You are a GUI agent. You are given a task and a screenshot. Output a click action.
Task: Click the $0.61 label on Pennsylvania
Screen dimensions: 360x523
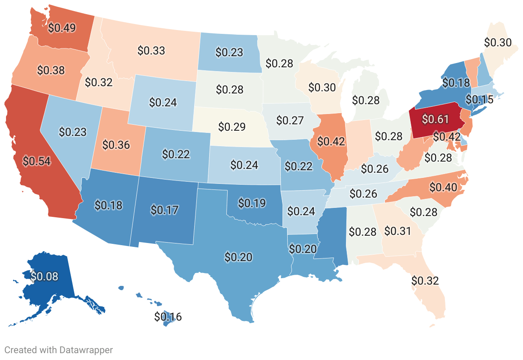[x=436, y=119]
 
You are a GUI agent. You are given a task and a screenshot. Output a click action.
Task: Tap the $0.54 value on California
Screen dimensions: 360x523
[x=37, y=161]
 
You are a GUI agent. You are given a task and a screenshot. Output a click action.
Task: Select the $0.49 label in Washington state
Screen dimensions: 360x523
[x=62, y=28]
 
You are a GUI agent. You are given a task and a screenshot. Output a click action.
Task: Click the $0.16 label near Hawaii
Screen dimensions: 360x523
[x=168, y=317]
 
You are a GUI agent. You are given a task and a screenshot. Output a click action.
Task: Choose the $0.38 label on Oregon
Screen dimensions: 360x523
[x=51, y=70]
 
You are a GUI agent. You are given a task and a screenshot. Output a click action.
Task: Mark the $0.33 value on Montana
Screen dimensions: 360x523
[x=151, y=50]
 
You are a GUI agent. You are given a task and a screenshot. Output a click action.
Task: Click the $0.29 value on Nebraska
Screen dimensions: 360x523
[x=232, y=127]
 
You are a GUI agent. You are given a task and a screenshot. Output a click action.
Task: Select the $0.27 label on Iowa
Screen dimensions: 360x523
[x=290, y=120]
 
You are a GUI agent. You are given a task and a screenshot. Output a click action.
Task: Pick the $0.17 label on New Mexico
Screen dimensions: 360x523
[x=165, y=210]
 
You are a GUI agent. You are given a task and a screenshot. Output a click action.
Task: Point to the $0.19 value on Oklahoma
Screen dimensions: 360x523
[x=252, y=202]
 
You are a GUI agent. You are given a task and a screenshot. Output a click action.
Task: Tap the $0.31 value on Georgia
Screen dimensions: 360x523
[x=397, y=231]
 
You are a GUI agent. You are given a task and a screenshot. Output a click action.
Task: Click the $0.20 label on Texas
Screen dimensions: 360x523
[x=238, y=257]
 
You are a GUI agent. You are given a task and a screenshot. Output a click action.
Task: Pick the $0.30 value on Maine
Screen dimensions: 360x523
[x=498, y=42]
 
